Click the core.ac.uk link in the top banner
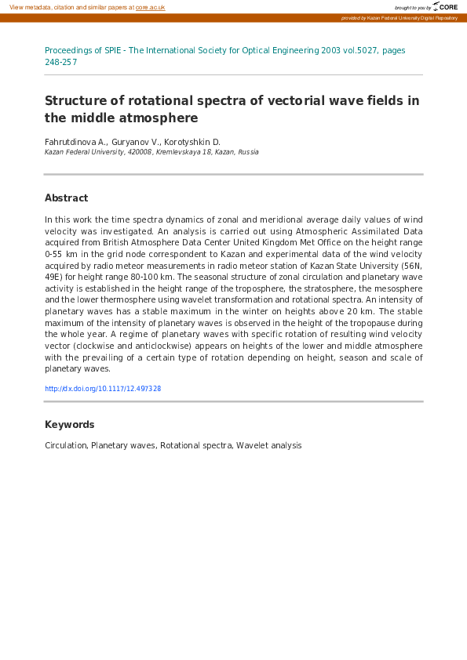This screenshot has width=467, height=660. (x=150, y=7)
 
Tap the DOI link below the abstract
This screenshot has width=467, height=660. (x=103, y=389)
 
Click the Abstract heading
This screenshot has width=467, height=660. (x=66, y=198)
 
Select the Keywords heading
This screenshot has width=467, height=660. (x=69, y=425)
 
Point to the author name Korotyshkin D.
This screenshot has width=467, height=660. (x=192, y=142)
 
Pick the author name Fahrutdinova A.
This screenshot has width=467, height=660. (x=75, y=142)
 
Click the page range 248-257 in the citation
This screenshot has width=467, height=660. (x=60, y=62)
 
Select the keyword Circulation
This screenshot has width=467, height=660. (x=65, y=445)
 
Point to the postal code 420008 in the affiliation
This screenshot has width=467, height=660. (x=138, y=152)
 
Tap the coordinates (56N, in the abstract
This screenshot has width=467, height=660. (x=409, y=266)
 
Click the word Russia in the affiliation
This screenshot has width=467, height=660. (x=247, y=152)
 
